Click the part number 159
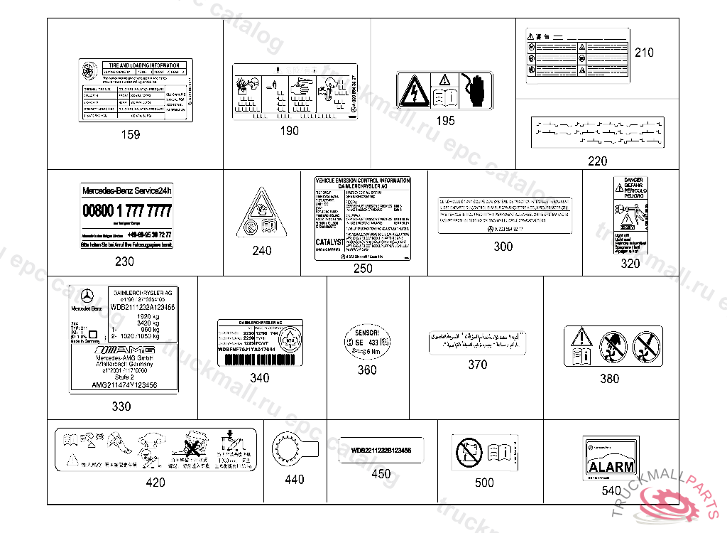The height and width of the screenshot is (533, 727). [x=131, y=135]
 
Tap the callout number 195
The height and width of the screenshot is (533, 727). [x=445, y=121]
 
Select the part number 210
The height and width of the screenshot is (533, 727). [x=644, y=53]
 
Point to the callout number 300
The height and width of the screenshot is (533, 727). [x=503, y=247]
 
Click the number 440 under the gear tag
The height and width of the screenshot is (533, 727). [x=294, y=480]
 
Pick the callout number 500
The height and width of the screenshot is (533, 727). [x=484, y=483]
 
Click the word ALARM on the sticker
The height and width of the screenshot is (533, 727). [x=611, y=467]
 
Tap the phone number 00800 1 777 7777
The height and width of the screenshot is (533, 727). [x=127, y=211]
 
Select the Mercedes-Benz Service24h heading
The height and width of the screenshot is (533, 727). [x=127, y=191]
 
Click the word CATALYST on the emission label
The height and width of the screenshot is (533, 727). [x=329, y=242]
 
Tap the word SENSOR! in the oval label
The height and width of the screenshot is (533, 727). [x=367, y=333]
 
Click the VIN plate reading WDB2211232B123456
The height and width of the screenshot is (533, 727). [x=381, y=451]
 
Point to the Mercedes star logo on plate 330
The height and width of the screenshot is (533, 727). [x=87, y=298]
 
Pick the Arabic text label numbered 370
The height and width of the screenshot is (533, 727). [x=477, y=340]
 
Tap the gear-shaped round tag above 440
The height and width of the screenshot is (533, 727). [x=287, y=449]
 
